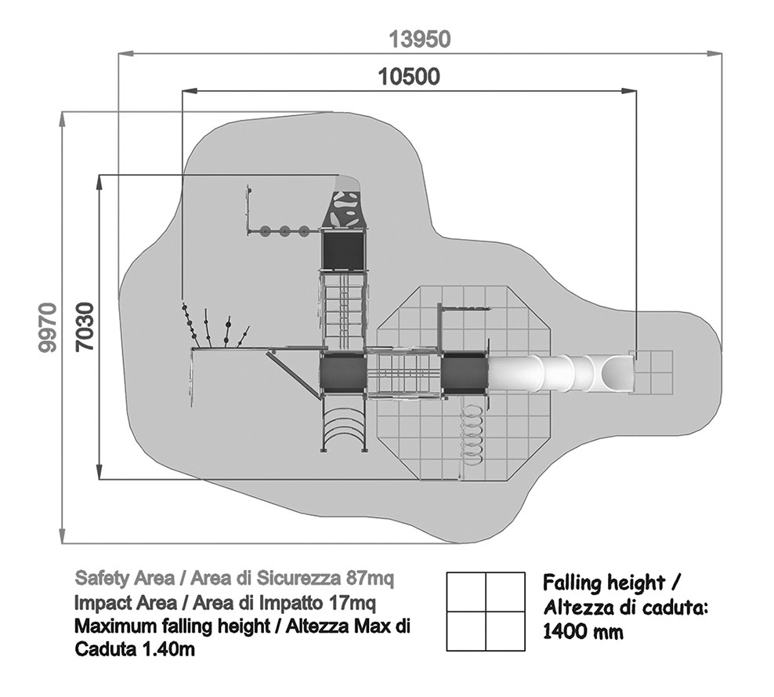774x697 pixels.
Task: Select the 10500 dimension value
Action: point(408,77)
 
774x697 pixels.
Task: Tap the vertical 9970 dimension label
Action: point(48,326)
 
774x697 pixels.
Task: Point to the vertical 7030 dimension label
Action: point(85,326)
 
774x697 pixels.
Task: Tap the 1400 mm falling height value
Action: point(584,631)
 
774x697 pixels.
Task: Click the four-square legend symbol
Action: point(486,612)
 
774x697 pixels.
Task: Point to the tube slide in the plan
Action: point(560,372)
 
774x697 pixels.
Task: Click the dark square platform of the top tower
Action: point(343,250)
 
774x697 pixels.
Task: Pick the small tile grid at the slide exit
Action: point(653,372)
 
